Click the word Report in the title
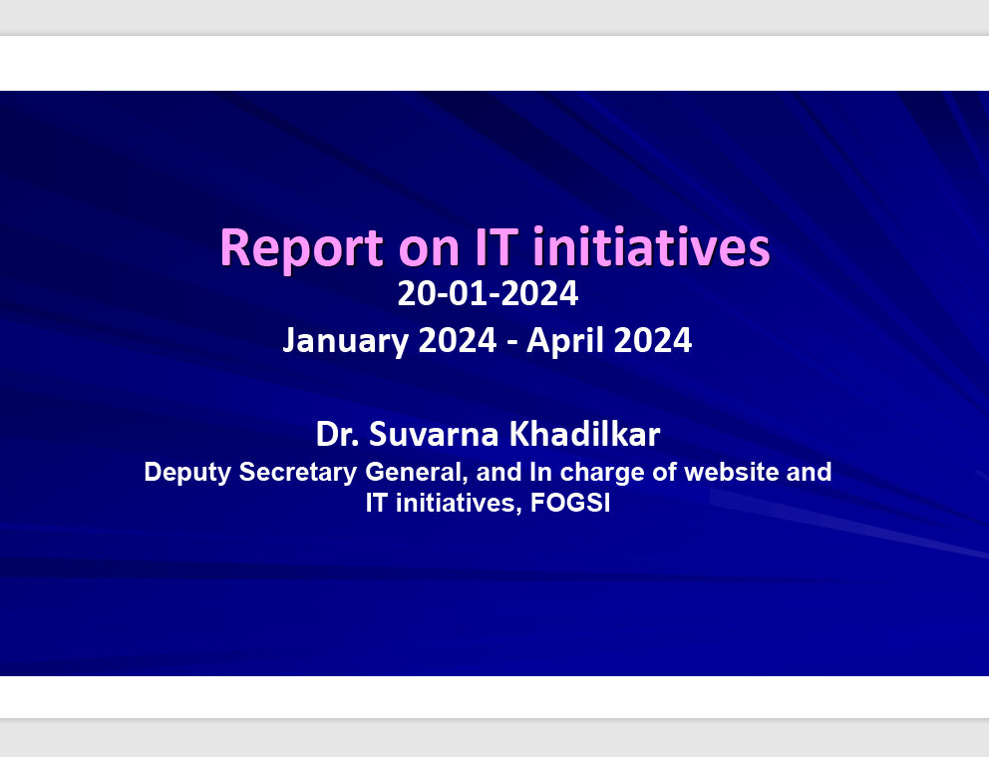point(301,248)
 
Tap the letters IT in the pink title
point(497,246)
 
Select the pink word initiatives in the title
point(652,246)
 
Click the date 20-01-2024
point(488,293)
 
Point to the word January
point(346,341)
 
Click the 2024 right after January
point(458,340)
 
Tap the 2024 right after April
point(653,340)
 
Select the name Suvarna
point(434,434)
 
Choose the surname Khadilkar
point(584,434)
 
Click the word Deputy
point(187,473)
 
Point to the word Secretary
point(298,473)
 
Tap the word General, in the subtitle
point(417,473)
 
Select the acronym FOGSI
point(570,503)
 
